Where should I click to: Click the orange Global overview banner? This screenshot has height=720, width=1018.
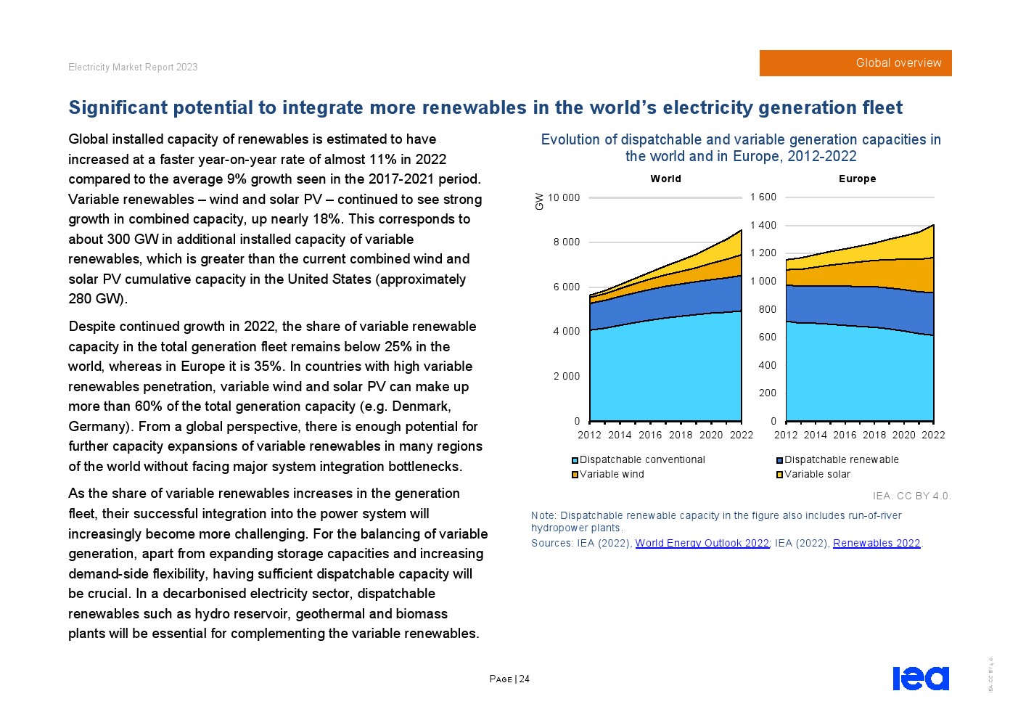coord(855,63)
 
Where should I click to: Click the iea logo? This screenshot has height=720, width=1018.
coord(921,679)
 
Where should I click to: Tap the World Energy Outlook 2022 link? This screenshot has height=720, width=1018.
coord(702,543)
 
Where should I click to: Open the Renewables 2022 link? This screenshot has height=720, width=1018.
coord(877,543)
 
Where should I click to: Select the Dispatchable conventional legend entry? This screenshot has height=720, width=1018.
coord(638,459)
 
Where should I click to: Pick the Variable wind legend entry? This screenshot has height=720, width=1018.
coord(607,474)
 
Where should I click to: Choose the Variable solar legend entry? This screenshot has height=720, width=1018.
coord(813,474)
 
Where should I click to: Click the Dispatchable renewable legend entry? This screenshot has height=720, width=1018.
coord(837,459)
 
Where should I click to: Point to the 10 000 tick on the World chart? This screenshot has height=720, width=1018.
coord(564,197)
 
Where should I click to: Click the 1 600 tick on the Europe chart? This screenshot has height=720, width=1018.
coord(763,197)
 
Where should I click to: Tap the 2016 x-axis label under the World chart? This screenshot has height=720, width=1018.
coord(650,435)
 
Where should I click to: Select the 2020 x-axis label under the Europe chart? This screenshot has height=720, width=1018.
coord(903,435)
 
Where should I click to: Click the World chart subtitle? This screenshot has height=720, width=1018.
coord(665,179)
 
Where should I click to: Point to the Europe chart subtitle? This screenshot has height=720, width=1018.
coord(857,179)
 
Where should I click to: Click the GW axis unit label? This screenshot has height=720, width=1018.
coord(539,201)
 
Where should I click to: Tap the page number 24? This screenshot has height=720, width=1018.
coord(524,679)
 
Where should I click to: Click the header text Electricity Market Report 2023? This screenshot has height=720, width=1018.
coord(133,67)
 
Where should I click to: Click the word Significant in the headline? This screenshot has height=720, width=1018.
coord(118,107)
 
